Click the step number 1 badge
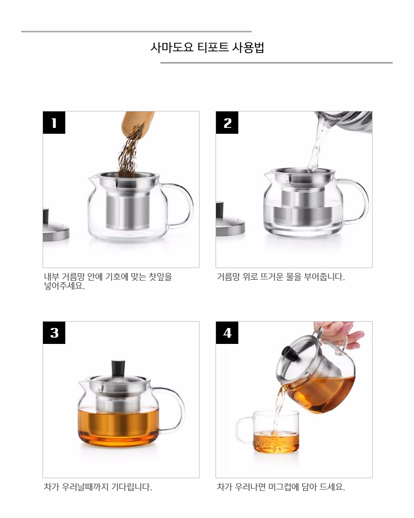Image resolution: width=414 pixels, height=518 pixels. click(x=54, y=123)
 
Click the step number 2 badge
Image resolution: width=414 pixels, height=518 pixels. click(x=227, y=123)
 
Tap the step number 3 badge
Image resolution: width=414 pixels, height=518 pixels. click(x=54, y=333)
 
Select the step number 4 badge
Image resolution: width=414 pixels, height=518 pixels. click(x=227, y=333)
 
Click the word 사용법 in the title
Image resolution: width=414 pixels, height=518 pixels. click(x=248, y=47)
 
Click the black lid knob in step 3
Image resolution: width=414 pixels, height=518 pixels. click(x=118, y=368)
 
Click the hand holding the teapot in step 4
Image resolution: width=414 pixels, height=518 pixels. click(x=340, y=332)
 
